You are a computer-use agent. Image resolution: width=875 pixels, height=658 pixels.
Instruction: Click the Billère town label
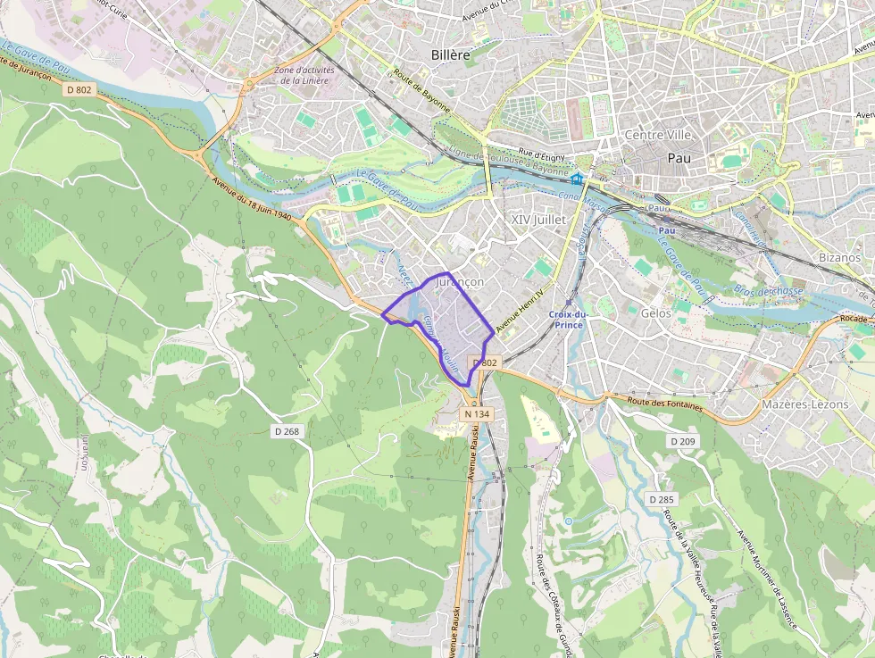point(450,55)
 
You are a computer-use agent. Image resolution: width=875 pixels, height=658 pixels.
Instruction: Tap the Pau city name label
point(679,158)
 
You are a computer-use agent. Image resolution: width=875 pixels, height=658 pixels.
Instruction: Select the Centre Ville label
point(658,135)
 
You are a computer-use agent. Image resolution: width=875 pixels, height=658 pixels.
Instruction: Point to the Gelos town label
point(656,313)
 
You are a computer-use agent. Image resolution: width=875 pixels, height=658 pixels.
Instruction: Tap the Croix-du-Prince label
point(568,319)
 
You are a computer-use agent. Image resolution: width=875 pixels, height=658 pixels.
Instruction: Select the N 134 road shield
point(477,414)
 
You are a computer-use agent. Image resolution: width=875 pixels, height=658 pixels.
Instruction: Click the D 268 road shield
point(286,431)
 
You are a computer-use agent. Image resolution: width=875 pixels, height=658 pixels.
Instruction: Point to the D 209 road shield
point(683,441)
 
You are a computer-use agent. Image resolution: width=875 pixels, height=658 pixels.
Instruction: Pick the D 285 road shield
point(662,499)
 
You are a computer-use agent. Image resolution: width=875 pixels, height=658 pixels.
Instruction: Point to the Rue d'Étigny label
point(544,158)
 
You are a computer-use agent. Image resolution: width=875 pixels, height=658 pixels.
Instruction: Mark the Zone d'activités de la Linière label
point(302,75)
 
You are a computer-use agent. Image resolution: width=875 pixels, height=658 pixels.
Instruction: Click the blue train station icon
point(578,179)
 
